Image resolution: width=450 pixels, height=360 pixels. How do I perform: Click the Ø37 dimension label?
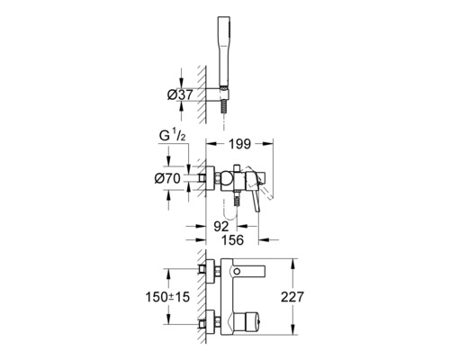point(180,95)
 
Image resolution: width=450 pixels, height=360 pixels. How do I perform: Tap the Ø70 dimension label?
point(167,179)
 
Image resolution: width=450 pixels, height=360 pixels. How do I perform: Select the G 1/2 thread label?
point(173,136)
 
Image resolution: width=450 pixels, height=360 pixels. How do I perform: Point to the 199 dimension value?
point(239,144)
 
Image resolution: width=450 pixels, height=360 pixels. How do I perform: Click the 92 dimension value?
point(221,227)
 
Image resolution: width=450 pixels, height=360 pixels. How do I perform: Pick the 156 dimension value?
point(232,240)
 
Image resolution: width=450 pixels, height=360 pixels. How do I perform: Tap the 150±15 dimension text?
point(167,297)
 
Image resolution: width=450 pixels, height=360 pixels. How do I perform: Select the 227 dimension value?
point(292,297)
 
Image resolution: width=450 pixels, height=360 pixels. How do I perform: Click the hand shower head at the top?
point(225,51)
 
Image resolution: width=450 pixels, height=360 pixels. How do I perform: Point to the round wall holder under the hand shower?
point(218,94)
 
